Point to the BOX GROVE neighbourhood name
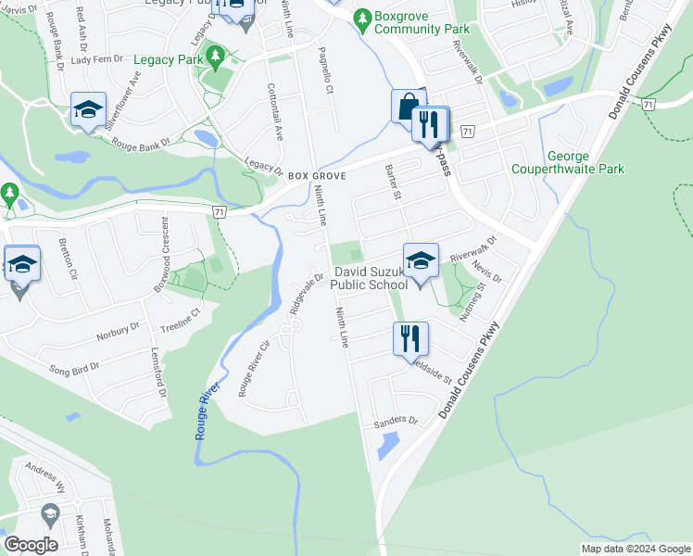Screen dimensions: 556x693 [x=317, y=175]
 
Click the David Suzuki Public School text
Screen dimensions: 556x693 [x=371, y=278]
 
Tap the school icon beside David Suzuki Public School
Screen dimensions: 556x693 [x=420, y=260]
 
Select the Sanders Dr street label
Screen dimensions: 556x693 [x=396, y=422]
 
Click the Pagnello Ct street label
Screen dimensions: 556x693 [x=325, y=71]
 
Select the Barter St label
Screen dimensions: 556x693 [x=391, y=183]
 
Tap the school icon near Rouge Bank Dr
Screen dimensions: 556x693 [x=88, y=110]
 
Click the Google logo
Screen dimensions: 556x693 [x=31, y=545]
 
